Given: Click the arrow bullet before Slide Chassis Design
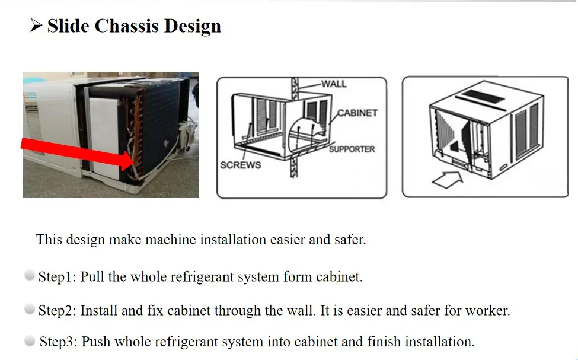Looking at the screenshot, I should (x=36, y=26).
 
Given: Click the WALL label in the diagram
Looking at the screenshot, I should (x=334, y=84).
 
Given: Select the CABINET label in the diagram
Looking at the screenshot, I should (x=357, y=113).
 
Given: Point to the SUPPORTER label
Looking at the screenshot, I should (x=352, y=149).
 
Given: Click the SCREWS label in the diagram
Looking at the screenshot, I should (x=240, y=165).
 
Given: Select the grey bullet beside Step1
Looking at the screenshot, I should (x=30, y=275).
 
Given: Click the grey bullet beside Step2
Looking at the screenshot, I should (x=30, y=309).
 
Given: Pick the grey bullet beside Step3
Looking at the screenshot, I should (x=30, y=341).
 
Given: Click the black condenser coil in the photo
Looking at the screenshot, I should (x=157, y=119).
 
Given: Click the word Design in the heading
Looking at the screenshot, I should (x=193, y=26).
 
